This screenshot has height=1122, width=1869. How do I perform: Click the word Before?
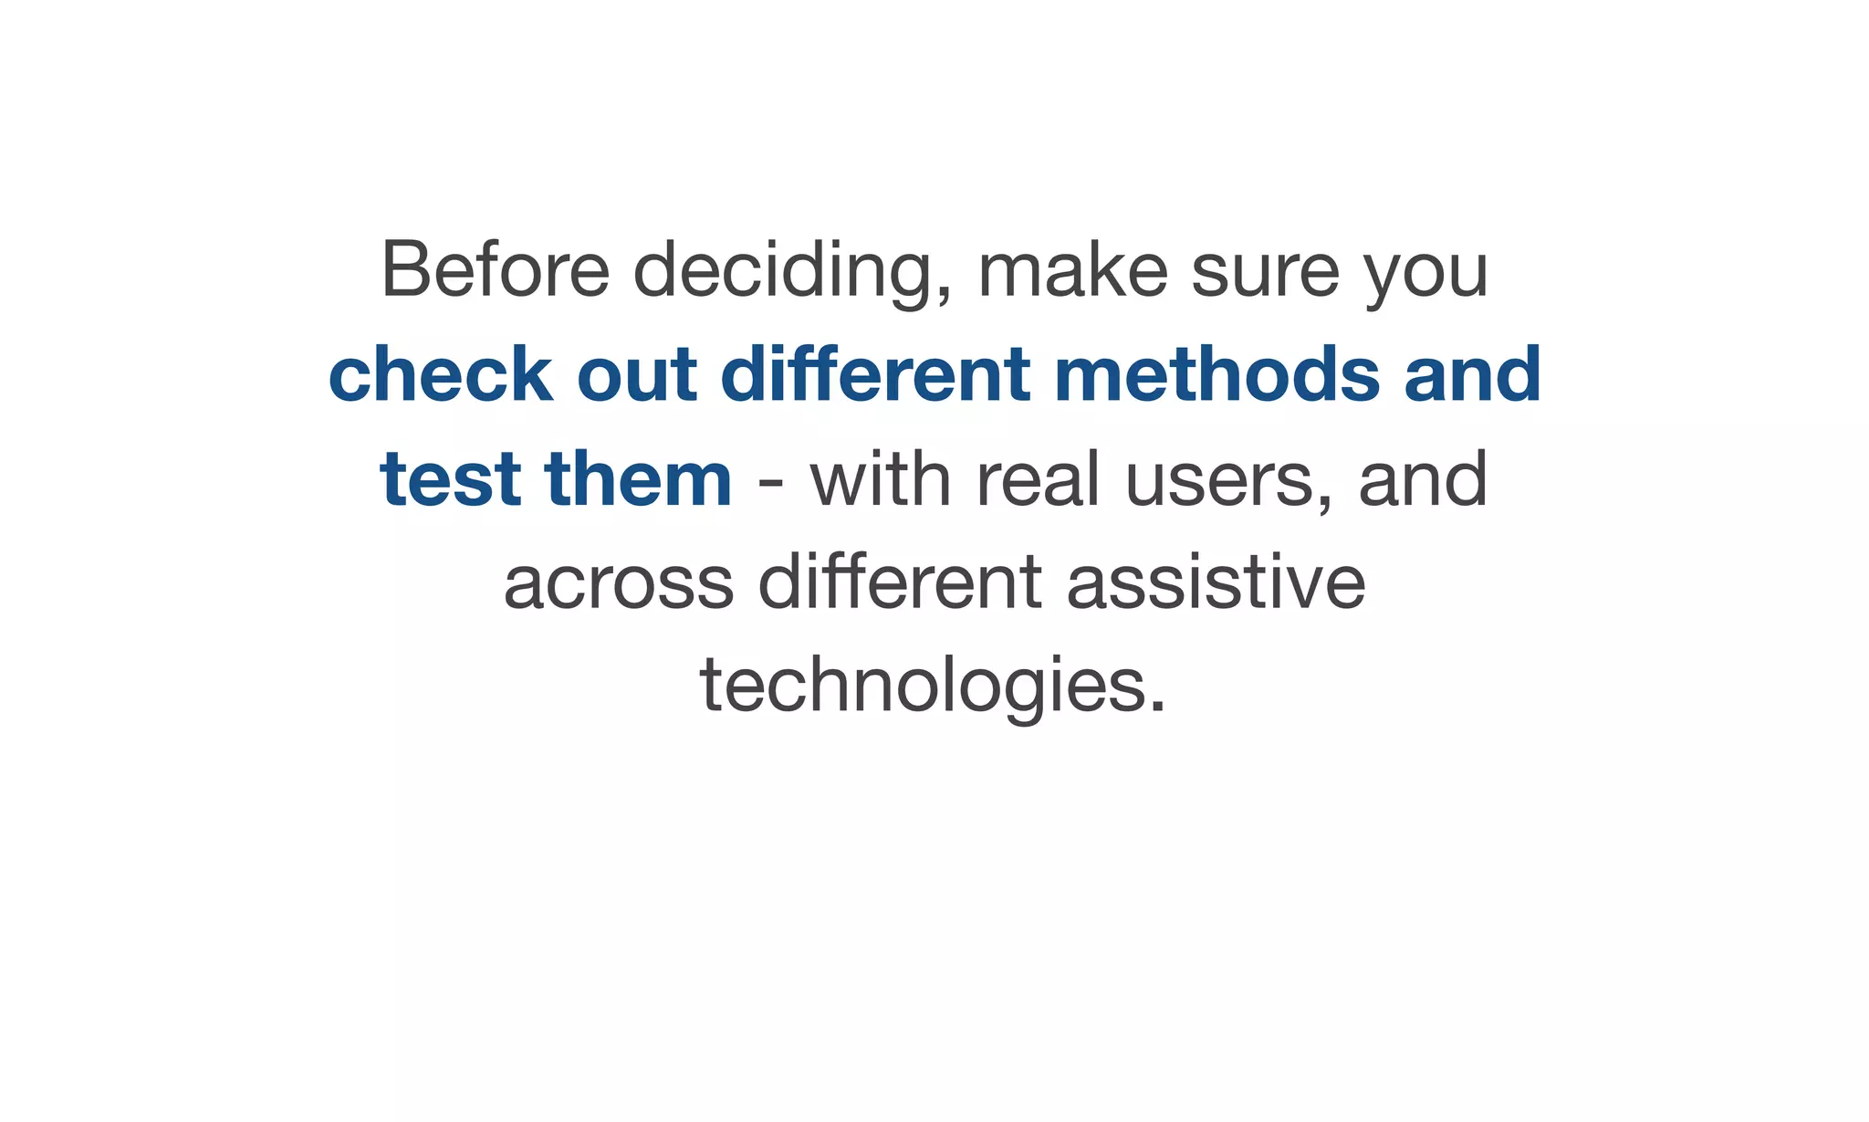coord(495,269)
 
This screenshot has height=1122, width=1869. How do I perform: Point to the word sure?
coord(1266,271)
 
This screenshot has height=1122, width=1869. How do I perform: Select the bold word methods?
coord(1217,374)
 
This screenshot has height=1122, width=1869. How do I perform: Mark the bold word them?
coord(638,478)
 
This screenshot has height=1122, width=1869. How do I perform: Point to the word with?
coord(881,478)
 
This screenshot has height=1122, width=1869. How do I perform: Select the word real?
coord(1039,478)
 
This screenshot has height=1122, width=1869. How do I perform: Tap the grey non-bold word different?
coord(899,582)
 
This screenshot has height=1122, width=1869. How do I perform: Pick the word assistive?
coord(1216,582)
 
